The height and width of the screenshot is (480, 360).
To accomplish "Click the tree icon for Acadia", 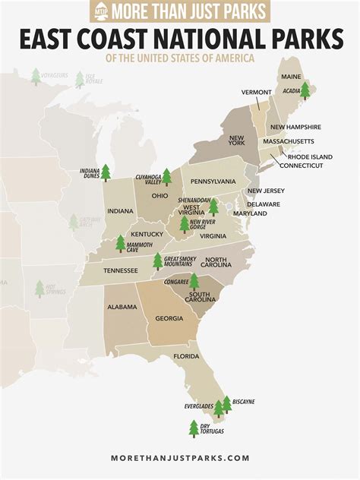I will pyautogui.click(x=305, y=91).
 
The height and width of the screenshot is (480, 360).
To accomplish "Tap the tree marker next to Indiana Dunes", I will pyautogui.click(x=106, y=173).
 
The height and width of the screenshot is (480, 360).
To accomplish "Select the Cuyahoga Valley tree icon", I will pyautogui.click(x=166, y=177).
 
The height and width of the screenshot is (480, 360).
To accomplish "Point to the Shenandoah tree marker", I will pyautogui.click(x=213, y=207).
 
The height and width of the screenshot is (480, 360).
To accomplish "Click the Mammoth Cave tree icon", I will pyautogui.click(x=120, y=243).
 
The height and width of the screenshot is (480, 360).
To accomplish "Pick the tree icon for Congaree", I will pyautogui.click(x=194, y=282).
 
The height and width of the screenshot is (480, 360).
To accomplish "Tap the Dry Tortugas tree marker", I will pyautogui.click(x=194, y=428).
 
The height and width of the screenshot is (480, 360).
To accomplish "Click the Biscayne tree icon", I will pyautogui.click(x=226, y=404).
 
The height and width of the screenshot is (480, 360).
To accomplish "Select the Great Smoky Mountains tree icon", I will pyautogui.click(x=158, y=261).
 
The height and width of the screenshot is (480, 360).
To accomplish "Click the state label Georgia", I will pyautogui.click(x=169, y=319).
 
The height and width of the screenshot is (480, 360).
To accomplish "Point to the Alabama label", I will pyautogui.click(x=122, y=307).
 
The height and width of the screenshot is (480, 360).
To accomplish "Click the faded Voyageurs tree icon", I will pyautogui.click(x=36, y=75).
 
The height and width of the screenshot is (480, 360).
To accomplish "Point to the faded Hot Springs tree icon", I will pyautogui.click(x=39, y=289).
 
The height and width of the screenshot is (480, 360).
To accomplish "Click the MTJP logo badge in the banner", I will pyautogui.click(x=100, y=11).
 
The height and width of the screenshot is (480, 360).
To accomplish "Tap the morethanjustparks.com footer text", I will pyautogui.click(x=180, y=458).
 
